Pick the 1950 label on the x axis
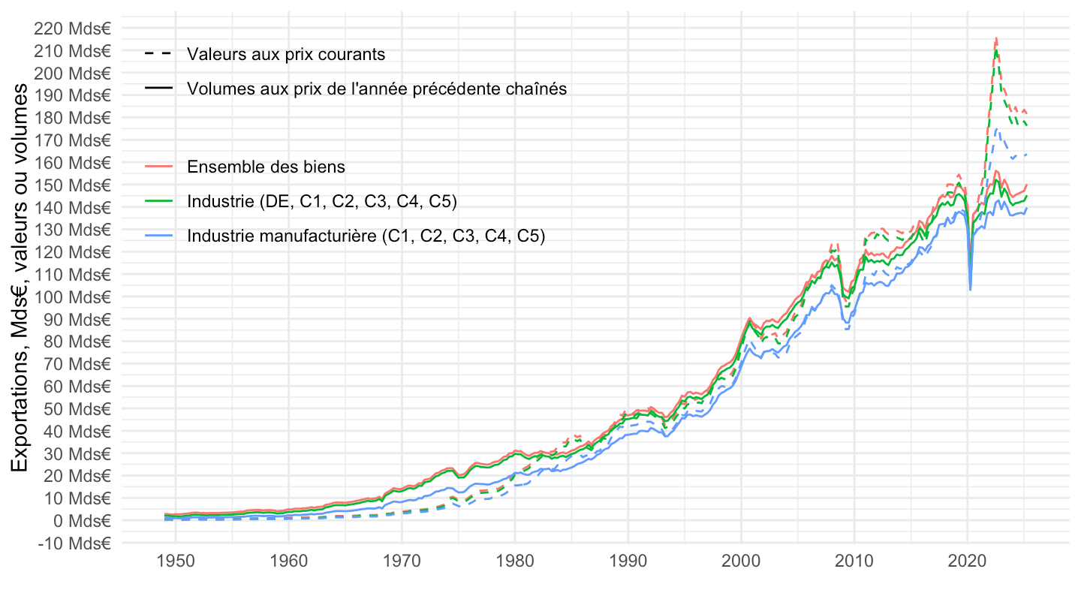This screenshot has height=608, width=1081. click(x=175, y=560)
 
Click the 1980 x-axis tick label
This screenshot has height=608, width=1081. click(x=514, y=560)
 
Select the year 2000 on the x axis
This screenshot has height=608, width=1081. click(x=741, y=560)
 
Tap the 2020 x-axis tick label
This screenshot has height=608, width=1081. click(x=967, y=560)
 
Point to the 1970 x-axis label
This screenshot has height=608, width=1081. click(x=402, y=560)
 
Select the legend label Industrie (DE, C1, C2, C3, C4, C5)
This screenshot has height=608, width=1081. click(x=322, y=201)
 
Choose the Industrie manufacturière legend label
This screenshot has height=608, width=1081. click(x=366, y=236)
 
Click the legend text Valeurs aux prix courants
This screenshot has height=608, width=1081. click(x=286, y=54)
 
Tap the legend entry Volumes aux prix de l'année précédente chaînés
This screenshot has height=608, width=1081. click(x=377, y=89)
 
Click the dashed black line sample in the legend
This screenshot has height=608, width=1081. click(x=158, y=54)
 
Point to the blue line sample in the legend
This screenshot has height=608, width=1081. click(x=158, y=236)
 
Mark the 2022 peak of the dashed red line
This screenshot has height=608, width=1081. click(x=995, y=37)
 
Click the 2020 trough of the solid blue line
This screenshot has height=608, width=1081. click(x=971, y=289)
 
